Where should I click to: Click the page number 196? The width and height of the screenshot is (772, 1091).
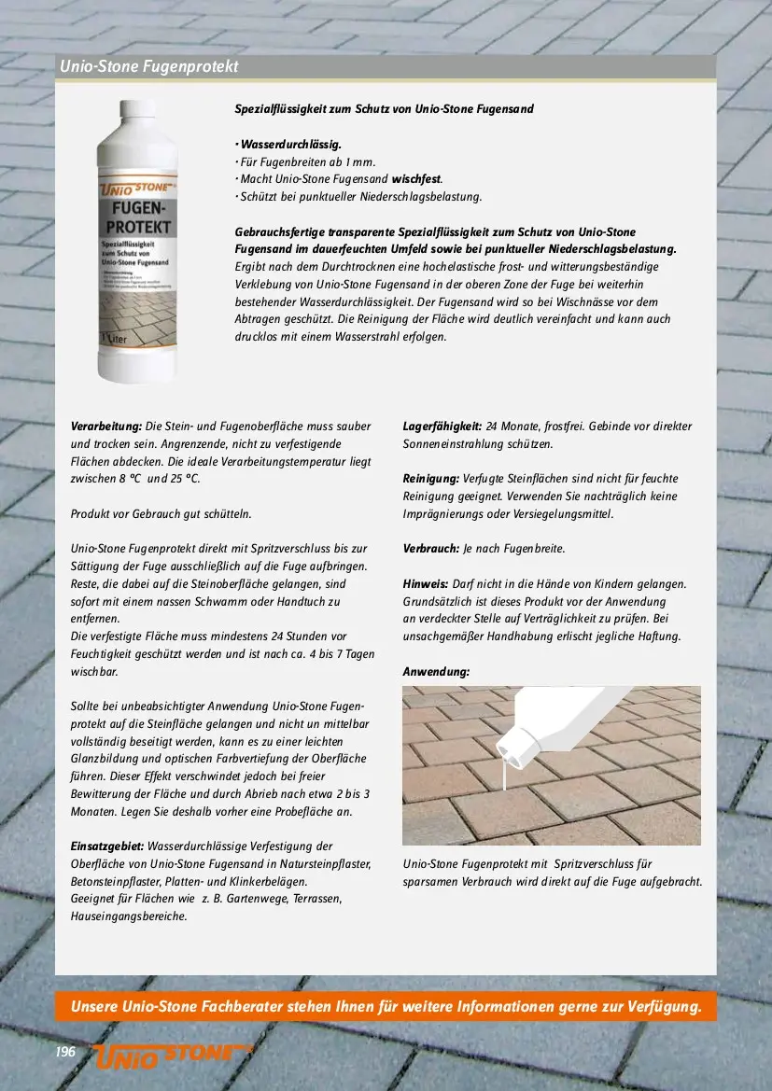pos(64,1052)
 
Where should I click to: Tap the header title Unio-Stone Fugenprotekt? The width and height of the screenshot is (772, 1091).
pos(149,67)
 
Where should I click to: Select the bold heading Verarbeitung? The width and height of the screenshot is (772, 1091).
pos(106,427)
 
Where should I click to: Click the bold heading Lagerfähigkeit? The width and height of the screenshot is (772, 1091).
pos(442,427)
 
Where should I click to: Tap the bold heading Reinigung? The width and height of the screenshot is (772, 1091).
pos(430,479)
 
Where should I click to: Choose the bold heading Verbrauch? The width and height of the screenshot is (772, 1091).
pos(430,549)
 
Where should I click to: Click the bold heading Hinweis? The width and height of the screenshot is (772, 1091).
pos(426,584)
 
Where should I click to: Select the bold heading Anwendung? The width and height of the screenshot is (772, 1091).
pos(436,672)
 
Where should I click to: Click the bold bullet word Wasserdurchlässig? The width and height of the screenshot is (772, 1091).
pos(290,145)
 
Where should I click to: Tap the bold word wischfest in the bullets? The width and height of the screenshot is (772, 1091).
pos(415,179)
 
